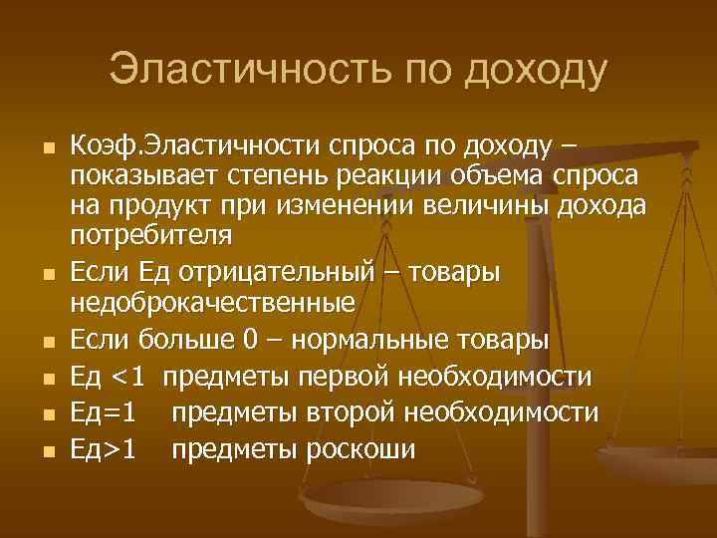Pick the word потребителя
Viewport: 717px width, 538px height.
pos(152,237)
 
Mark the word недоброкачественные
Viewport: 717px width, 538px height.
pos(212,301)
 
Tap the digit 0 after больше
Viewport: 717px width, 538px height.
pos(251,340)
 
